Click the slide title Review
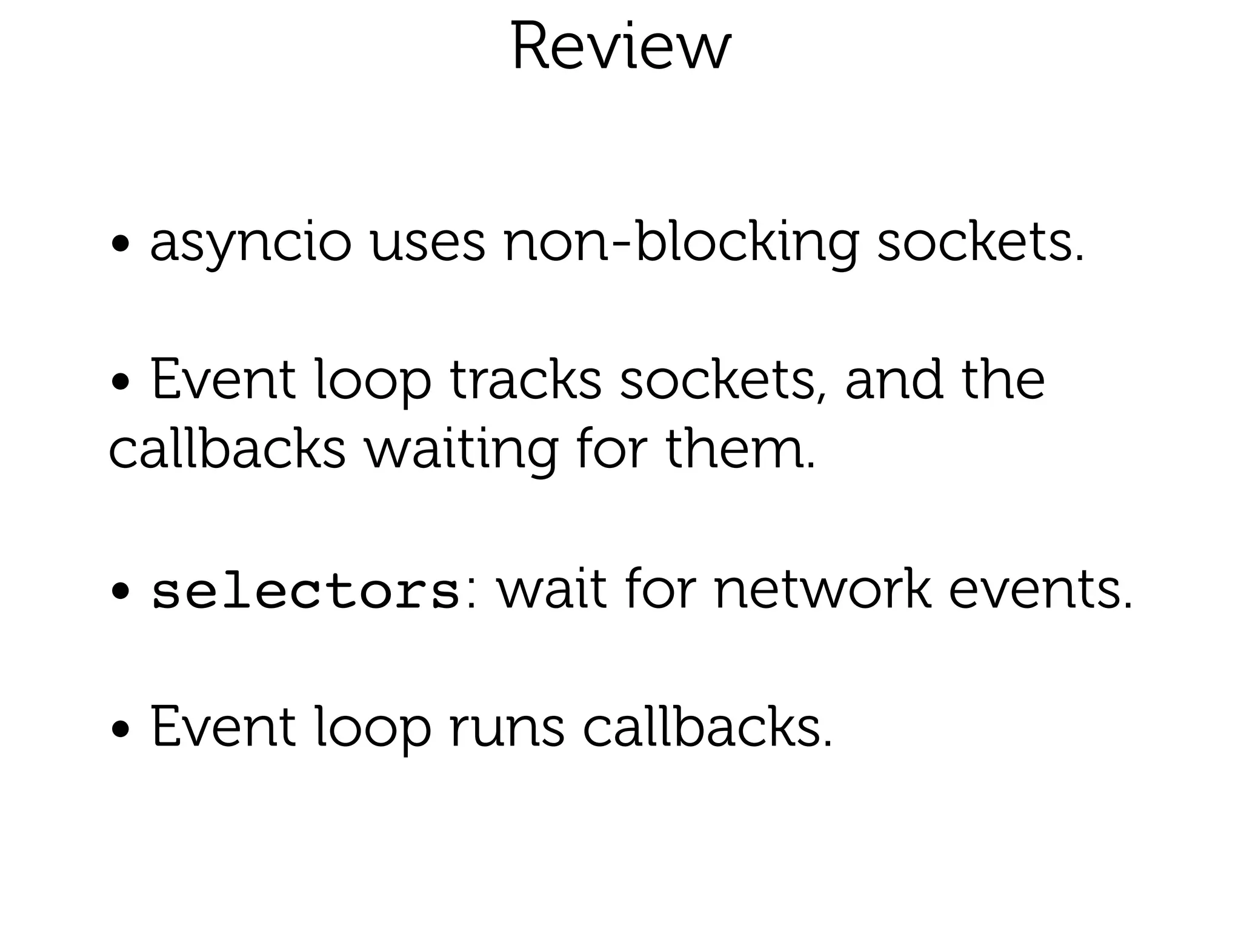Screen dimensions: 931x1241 (x=620, y=47)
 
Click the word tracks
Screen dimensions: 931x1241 (x=525, y=381)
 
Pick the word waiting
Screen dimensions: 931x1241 (x=460, y=450)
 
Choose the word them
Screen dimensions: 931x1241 (x=740, y=450)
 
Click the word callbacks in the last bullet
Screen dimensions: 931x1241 (x=707, y=727)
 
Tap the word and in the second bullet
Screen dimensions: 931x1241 (x=894, y=381)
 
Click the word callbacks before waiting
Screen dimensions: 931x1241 (x=227, y=450)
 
